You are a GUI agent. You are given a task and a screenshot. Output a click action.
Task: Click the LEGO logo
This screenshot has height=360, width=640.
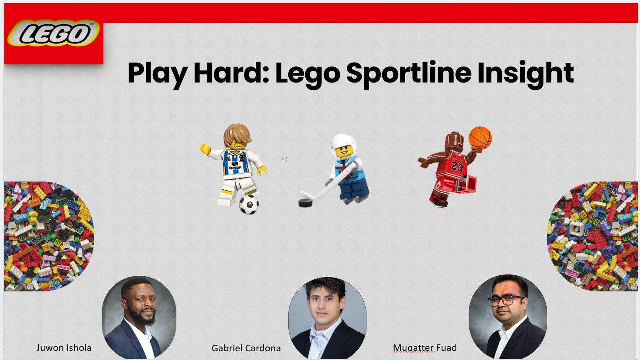(53, 33)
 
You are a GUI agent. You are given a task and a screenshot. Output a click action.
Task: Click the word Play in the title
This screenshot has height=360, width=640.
(158, 73)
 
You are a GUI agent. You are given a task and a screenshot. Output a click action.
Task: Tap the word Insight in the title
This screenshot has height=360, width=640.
(525, 73)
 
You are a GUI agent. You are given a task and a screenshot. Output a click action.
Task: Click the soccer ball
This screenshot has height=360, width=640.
(249, 204)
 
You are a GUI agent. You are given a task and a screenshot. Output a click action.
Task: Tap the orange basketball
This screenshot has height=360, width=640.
(480, 138)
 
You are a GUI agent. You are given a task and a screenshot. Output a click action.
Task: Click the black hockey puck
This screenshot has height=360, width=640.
(306, 202)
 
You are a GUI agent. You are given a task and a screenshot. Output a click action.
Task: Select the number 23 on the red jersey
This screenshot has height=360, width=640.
(457, 166)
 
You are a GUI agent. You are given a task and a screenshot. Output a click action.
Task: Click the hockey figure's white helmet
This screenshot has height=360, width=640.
(343, 143)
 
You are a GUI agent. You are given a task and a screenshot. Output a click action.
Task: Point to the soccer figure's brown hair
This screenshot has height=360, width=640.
(237, 134)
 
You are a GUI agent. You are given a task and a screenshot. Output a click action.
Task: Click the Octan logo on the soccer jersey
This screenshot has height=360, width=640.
(235, 166)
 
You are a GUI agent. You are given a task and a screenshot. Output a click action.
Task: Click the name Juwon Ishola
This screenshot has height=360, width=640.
(64, 348)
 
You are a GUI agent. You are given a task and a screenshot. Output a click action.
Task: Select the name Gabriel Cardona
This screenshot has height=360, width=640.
(246, 348)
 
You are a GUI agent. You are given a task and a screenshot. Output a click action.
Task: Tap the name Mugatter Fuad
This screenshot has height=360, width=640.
(425, 348)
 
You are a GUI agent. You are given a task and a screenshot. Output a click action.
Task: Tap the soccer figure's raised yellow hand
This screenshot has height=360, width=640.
(205, 149)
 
